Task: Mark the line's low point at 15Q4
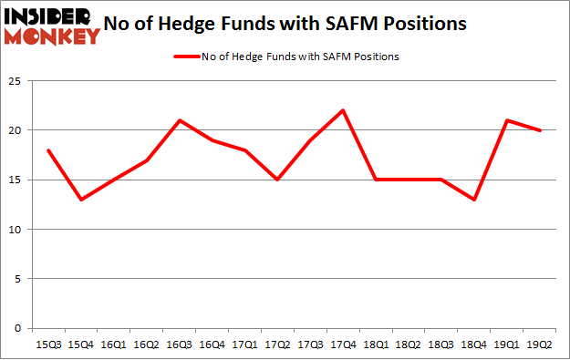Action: [80, 200]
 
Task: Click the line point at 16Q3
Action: [180, 120]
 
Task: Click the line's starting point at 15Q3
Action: [47, 150]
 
